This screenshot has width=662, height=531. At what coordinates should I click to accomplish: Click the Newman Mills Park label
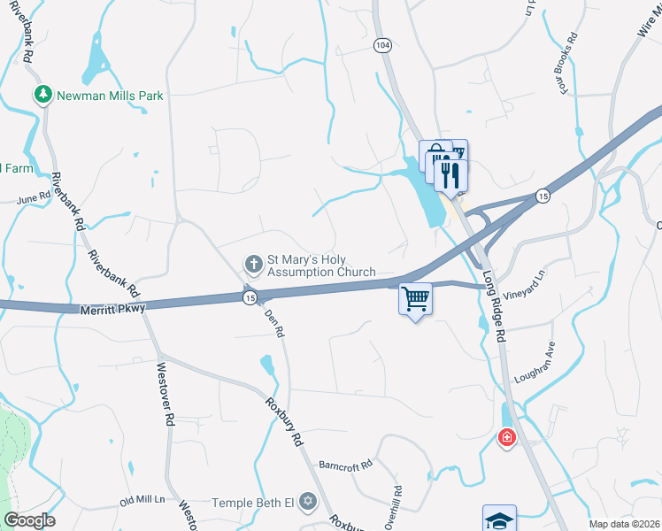(x=111, y=96)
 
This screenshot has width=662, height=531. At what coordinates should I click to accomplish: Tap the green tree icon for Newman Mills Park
(x=42, y=94)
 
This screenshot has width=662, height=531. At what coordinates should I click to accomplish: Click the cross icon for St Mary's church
(x=253, y=264)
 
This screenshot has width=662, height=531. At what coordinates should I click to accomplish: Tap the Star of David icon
(x=308, y=502)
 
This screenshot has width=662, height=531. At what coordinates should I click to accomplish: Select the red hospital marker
(x=506, y=437)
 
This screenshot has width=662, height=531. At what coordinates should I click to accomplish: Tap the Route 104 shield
(x=382, y=45)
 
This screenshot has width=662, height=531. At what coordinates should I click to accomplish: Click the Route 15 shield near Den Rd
(x=250, y=299)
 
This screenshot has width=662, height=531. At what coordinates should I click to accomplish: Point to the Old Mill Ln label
(x=142, y=500)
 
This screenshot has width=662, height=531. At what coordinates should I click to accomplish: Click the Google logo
(x=29, y=520)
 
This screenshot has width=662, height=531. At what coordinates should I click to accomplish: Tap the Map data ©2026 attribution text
(x=624, y=524)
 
